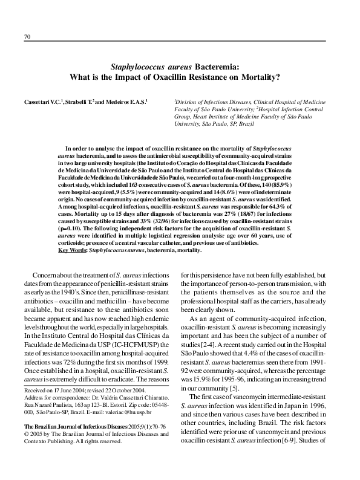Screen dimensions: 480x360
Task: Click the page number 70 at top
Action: pos(27,36)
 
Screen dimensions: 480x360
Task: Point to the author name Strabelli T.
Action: pos(80,101)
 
